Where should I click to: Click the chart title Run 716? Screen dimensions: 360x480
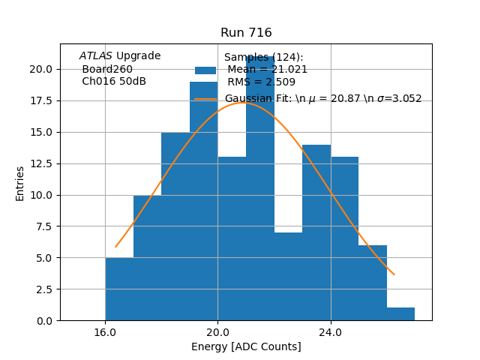point(246,33)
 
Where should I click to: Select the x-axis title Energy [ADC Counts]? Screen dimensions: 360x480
point(246,346)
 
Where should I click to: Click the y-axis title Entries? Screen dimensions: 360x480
point(20,183)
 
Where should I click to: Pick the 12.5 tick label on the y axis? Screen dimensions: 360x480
point(40,163)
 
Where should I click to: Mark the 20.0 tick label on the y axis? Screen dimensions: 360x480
point(40,69)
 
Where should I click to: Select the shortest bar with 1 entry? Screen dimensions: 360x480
point(400,314)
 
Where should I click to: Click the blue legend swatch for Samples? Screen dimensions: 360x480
point(205,70)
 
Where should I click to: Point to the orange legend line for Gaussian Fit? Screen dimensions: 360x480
point(205,99)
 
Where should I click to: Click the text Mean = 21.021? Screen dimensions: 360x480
point(267,70)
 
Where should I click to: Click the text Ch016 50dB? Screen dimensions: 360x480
point(114,82)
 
